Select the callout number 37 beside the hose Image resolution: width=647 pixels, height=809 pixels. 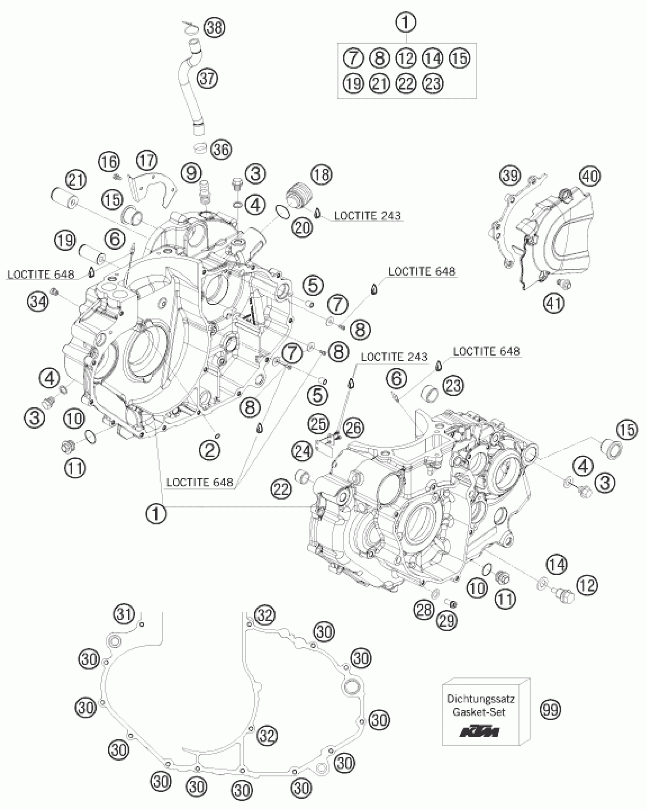tap(207, 79)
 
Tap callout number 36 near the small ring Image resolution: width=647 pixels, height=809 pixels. tap(221, 150)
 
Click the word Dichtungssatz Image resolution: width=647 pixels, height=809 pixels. tap(481, 699)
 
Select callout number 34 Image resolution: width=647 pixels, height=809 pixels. tap(38, 302)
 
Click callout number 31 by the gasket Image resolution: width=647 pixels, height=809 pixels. tap(124, 614)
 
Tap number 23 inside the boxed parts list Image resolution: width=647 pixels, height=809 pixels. tap(433, 83)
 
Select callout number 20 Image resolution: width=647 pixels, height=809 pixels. tap(302, 227)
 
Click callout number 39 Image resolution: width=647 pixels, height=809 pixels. tap(510, 176)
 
